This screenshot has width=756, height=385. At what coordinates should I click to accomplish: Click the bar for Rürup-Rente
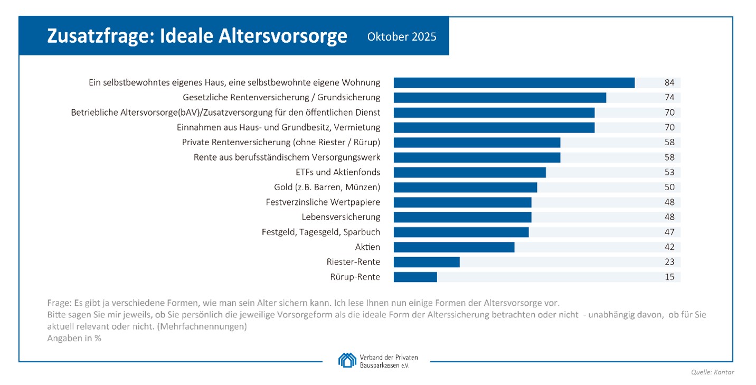415,277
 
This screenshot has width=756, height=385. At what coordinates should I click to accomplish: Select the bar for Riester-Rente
427,262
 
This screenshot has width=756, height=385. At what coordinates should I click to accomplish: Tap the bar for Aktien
454,247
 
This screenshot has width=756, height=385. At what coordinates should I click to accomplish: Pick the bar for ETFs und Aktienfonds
470,172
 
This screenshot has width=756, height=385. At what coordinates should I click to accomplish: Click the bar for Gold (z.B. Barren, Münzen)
465,187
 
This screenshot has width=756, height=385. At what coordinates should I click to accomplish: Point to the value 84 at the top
669,82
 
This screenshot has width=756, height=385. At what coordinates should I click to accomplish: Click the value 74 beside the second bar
669,98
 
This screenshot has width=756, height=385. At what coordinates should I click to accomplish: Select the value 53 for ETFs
669,172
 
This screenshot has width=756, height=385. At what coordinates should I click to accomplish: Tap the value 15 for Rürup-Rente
669,277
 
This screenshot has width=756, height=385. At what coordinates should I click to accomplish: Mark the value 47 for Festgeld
669,232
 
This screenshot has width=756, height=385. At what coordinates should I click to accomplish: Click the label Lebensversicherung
341,217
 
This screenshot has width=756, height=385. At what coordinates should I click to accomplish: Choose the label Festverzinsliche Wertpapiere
323,202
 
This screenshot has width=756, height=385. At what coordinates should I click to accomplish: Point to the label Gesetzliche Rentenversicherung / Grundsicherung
281,98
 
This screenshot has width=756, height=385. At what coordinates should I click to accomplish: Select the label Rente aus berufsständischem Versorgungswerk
287,157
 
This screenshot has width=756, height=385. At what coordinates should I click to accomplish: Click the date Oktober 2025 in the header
402,37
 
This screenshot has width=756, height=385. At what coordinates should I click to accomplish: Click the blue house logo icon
347,360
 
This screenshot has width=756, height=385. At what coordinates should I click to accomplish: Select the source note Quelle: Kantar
712,372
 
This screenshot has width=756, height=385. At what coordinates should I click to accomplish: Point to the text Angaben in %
74,339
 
